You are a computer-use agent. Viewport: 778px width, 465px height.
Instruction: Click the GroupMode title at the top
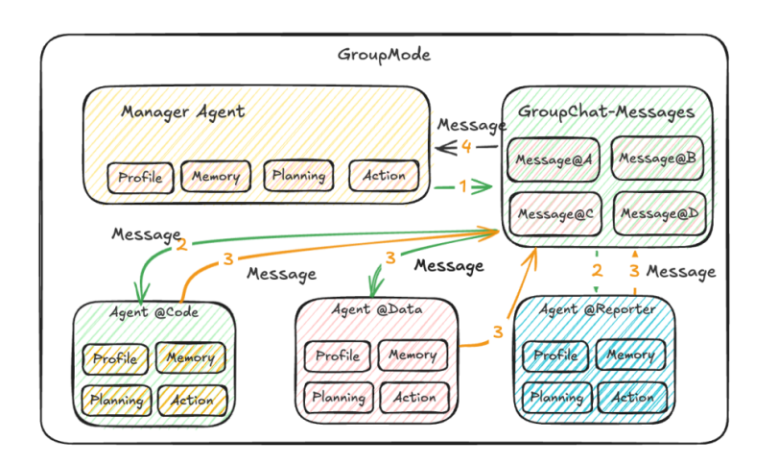[384, 55]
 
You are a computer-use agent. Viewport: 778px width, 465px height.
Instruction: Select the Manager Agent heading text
[182, 111]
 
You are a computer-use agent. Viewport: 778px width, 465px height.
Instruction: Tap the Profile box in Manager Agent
[140, 177]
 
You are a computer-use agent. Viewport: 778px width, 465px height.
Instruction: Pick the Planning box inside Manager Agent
[298, 176]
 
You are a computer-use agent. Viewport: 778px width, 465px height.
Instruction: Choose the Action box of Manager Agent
[384, 175]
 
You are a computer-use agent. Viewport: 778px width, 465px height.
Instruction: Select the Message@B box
[657, 157]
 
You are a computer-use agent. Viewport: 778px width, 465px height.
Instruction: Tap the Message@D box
[657, 212]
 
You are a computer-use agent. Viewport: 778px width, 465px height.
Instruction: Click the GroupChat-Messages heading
[606, 112]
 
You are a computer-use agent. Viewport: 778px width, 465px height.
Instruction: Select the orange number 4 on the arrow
[466, 147]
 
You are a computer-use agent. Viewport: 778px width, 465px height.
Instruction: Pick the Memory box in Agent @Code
[191, 358]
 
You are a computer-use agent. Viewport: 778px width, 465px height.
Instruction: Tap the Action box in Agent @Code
[192, 400]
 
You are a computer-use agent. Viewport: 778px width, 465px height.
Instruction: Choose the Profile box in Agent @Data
[338, 356]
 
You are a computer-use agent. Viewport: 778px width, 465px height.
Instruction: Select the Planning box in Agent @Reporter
[557, 397]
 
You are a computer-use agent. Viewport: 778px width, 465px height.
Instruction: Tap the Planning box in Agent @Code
[116, 400]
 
